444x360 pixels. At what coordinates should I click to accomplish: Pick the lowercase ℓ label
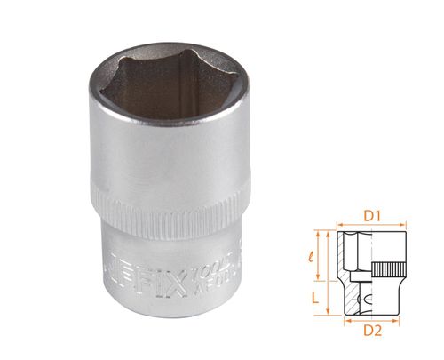click(312, 257)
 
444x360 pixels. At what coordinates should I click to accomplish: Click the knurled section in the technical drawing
click(388, 269)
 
